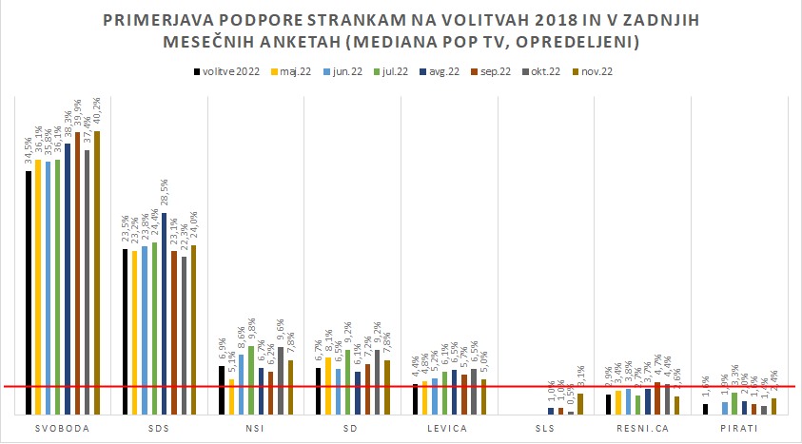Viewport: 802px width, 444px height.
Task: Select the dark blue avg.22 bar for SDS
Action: tap(165, 314)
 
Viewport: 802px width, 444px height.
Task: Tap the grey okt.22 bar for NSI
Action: tap(281, 380)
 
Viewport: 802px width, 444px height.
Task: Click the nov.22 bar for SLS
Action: tap(580, 404)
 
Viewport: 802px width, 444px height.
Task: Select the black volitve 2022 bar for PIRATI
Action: tap(705, 409)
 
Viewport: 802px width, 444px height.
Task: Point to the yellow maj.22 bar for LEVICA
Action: tap(425, 397)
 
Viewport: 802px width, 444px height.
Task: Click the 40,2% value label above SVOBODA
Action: tap(97, 114)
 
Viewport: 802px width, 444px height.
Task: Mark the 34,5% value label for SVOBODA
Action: tap(29, 154)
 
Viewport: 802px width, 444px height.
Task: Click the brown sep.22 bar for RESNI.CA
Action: tap(657, 398)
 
